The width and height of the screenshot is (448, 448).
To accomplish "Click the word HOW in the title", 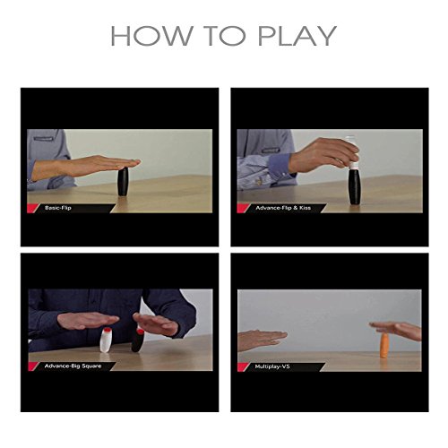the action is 152,36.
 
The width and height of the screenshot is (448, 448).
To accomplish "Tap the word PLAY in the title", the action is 297,36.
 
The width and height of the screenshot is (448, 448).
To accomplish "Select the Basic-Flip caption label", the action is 58,208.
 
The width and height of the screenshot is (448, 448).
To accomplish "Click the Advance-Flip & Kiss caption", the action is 283,208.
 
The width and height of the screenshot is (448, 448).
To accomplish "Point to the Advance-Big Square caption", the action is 73,366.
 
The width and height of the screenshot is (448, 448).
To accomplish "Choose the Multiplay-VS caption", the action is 272,366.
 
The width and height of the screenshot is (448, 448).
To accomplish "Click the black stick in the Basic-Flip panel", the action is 123,182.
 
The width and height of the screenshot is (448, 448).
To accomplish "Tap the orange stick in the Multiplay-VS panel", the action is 384,345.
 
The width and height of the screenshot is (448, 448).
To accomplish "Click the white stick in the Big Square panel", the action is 106,340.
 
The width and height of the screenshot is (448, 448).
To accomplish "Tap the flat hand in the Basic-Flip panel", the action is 87,168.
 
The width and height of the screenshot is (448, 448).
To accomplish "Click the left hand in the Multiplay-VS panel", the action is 262,340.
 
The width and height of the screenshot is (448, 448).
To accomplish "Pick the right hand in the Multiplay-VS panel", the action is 397,331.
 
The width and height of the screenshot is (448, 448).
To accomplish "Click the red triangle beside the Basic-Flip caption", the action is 32,208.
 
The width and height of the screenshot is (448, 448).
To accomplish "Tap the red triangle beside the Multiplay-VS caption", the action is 243,366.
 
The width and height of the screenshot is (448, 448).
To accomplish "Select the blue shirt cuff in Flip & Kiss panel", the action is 280,166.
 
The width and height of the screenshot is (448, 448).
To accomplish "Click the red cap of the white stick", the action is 107,330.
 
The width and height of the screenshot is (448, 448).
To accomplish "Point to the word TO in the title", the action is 225,36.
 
